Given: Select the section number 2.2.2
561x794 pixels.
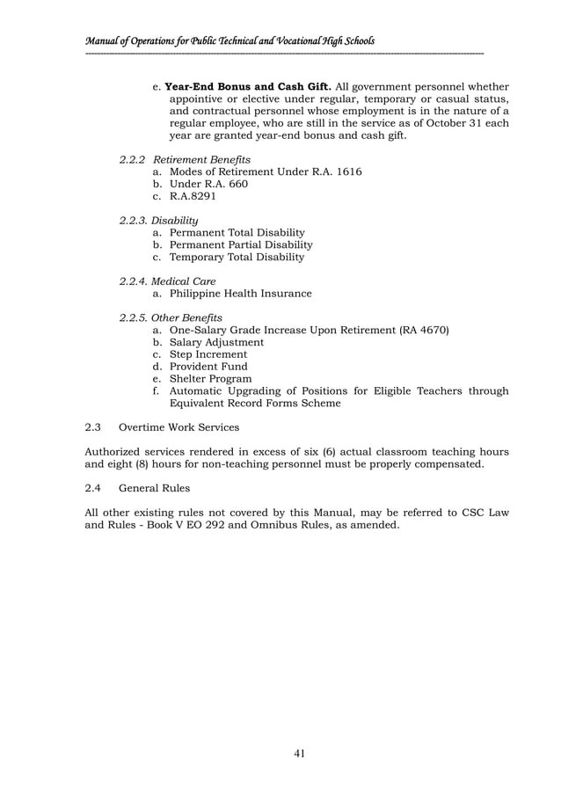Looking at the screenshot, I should click(x=133, y=159).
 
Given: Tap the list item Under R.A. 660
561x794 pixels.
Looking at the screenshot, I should click(x=208, y=184).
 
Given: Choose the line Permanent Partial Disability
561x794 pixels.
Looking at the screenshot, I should click(x=240, y=244).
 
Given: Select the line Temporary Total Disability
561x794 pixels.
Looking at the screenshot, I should click(x=237, y=257).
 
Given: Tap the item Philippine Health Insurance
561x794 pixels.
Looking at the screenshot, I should click(x=240, y=294).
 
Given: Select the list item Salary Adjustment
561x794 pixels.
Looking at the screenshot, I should click(x=215, y=342).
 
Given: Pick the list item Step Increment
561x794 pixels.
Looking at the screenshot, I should click(x=208, y=354).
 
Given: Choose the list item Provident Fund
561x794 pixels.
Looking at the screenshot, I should click(x=208, y=367).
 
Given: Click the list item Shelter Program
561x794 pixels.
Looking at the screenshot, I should click(x=209, y=379).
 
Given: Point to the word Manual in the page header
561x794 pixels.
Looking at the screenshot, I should click(x=99, y=40).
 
